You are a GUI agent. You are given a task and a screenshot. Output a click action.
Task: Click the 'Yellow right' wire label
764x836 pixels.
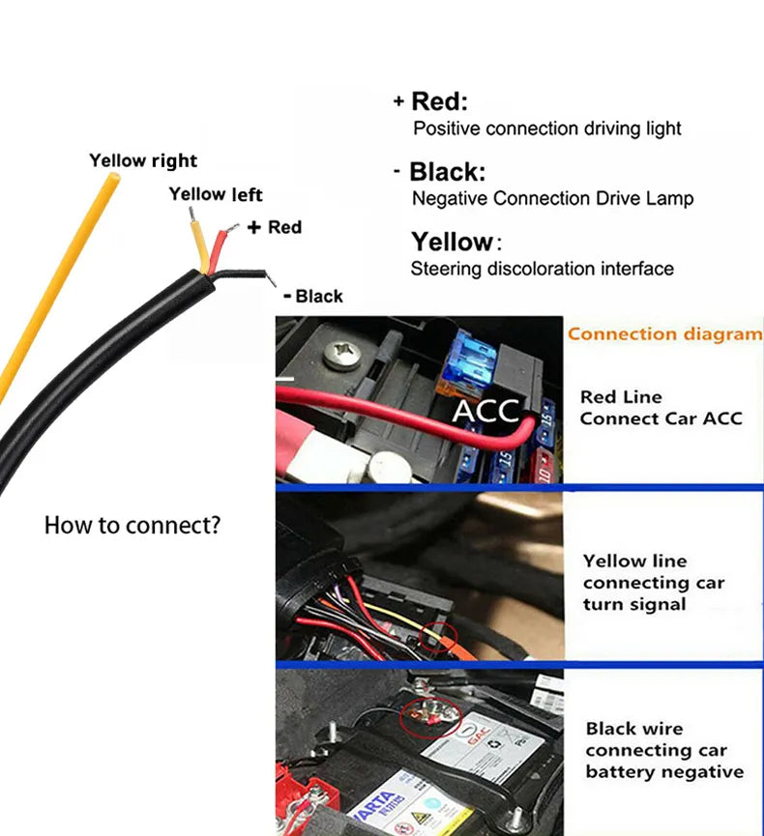tap(143, 160)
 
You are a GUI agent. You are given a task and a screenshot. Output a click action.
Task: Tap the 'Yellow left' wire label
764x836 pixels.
tap(216, 194)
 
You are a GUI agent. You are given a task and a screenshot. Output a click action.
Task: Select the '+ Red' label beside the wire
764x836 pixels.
tap(275, 227)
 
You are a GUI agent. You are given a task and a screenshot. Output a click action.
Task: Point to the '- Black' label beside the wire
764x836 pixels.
tap(312, 296)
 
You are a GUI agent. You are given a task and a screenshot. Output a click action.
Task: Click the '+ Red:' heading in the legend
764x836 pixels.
tap(430, 101)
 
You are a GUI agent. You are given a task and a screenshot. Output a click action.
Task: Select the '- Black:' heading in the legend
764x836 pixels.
tap(440, 172)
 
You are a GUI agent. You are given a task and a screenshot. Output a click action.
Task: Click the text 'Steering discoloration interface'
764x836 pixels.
tap(542, 269)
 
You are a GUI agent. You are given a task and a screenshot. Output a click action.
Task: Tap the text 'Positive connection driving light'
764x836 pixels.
tap(546, 129)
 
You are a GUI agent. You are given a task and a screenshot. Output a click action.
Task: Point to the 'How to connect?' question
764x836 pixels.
tap(132, 526)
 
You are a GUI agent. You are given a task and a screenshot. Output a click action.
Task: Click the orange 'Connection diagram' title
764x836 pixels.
tap(664, 334)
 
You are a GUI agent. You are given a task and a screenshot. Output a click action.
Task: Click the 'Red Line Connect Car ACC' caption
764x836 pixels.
tap(661, 408)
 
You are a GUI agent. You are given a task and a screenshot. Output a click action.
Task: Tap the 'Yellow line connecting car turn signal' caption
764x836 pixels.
tap(653, 583)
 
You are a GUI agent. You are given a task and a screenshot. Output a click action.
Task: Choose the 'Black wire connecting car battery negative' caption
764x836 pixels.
tap(663, 750)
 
